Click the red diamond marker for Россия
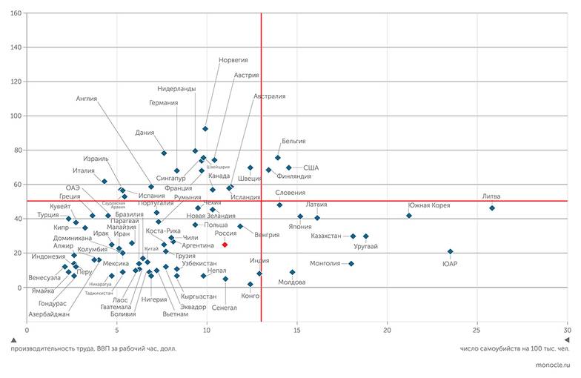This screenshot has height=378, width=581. click(225, 244)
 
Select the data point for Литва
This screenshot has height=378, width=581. click(492, 208)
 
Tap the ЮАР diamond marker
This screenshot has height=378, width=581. click(450, 252)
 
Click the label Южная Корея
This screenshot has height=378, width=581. click(429, 205)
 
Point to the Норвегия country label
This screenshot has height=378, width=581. click(233, 60)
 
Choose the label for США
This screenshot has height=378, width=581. click(311, 168)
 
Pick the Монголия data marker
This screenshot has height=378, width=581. click(351, 264)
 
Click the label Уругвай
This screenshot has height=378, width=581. click(366, 246)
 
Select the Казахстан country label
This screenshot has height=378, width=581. click(325, 236)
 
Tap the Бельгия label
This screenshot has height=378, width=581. click(293, 141)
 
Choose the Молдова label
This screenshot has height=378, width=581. click(291, 282)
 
